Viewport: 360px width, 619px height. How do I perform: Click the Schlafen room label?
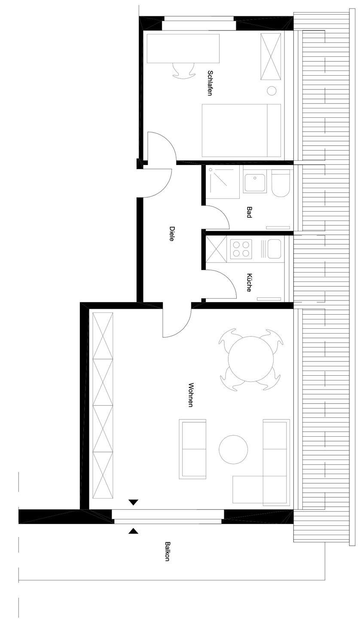click(210, 83)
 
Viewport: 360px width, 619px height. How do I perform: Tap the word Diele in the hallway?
click(172, 234)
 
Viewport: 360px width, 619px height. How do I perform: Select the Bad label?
click(249, 212)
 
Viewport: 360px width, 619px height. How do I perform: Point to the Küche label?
click(249, 282)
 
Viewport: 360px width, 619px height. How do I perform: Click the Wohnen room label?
click(190, 395)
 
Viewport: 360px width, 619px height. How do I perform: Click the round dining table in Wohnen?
click(251, 359)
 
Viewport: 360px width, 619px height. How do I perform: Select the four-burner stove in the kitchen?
click(241, 249)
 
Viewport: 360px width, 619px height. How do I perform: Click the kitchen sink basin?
click(274, 249)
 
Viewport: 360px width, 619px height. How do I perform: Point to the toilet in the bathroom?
click(281, 183)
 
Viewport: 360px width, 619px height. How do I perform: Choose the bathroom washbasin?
click(255, 183)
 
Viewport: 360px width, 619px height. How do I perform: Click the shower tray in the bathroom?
click(223, 182)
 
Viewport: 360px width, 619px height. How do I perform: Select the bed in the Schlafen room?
click(241, 130)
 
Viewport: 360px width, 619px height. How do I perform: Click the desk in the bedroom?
click(183, 49)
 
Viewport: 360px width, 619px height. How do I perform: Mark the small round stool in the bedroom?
click(272, 91)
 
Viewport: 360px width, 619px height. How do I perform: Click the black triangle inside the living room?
click(133, 503)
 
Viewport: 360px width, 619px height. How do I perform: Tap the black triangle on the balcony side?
click(133, 531)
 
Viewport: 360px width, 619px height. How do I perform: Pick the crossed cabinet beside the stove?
click(217, 249)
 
